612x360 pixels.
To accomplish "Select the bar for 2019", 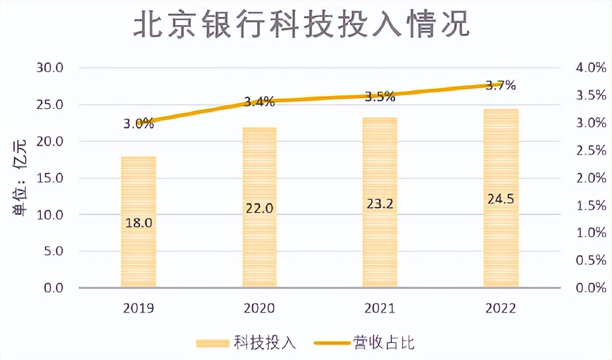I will click(139, 243).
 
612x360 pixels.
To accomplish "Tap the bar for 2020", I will click(260, 243).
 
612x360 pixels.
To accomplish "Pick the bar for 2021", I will click(380, 243).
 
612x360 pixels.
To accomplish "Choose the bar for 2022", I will click(501, 243).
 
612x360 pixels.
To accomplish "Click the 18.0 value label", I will click(139, 223).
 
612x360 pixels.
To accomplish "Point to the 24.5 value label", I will click(501, 199).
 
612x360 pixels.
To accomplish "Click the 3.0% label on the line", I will click(138, 124).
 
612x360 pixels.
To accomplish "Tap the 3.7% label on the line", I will click(500, 86).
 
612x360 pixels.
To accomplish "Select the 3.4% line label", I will click(259, 102).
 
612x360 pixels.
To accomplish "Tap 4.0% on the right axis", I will click(590, 68).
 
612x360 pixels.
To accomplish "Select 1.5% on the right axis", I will click(590, 205).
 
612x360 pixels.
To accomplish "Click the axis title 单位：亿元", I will click(23, 178).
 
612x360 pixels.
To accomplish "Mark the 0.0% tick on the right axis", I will click(590, 288).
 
